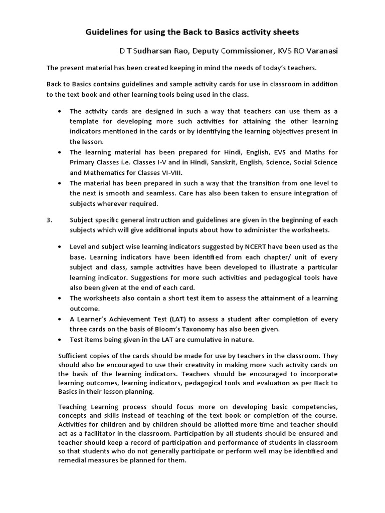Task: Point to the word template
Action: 85,121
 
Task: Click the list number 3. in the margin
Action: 50,220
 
